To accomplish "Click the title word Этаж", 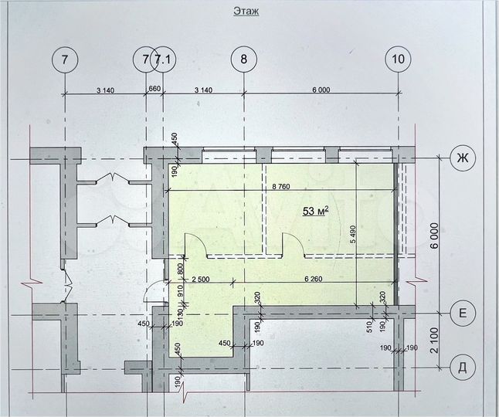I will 245,11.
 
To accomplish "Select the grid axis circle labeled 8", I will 244,59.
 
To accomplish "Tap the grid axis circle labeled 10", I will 398,59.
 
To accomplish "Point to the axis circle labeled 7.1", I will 163,59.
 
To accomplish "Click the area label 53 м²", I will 316,211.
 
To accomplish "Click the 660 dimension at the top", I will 154,90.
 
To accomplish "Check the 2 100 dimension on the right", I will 436,340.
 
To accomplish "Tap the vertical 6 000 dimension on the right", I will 436,235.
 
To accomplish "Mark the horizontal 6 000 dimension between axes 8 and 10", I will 321,90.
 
